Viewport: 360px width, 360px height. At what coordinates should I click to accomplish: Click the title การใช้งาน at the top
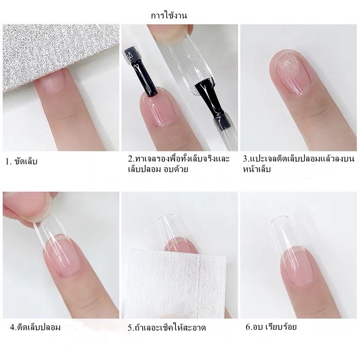(169, 15)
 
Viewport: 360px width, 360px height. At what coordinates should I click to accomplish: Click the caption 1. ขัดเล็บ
(21, 162)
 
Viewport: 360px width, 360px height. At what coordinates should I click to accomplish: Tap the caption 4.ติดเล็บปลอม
(35, 327)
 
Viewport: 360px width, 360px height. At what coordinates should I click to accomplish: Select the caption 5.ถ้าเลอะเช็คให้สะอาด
(167, 327)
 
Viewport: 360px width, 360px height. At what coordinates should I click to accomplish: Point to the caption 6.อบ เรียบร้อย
(271, 326)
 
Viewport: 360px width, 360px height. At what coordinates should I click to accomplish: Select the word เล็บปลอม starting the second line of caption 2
(143, 169)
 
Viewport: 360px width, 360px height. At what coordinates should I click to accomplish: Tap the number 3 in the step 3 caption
(245, 159)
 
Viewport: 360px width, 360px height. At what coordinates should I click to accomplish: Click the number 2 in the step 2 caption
(130, 159)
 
